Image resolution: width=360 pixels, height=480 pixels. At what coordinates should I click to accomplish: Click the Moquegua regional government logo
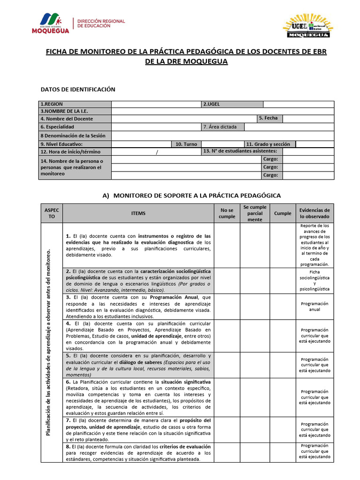tap(51, 23)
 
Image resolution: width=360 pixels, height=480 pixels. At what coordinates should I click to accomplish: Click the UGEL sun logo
tap(308, 26)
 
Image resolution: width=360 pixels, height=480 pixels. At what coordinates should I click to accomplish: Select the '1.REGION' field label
tap(52, 104)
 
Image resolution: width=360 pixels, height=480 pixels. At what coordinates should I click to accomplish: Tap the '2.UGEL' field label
tap(212, 104)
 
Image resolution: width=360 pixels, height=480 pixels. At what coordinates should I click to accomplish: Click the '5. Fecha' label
tap(268, 118)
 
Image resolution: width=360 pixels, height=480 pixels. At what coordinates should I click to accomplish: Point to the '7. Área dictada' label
tap(220, 127)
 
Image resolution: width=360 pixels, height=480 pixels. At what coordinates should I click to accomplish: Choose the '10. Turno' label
tap(186, 144)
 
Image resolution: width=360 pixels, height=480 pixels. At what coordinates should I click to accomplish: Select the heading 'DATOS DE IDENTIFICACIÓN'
tap(78, 90)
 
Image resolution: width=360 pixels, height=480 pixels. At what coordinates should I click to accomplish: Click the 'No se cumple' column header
tap(227, 214)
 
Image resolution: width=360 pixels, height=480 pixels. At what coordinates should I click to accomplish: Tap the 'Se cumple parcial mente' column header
tap(255, 213)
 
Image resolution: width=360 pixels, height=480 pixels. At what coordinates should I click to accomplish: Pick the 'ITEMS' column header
tap(138, 214)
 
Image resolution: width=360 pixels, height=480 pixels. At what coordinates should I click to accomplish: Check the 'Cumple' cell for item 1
tap(282, 245)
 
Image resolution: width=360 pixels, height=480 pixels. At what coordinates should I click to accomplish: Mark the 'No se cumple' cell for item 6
tap(227, 397)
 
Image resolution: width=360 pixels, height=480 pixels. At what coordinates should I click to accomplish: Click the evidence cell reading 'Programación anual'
tap(315, 307)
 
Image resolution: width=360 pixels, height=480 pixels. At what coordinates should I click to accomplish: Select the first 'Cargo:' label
tap(270, 159)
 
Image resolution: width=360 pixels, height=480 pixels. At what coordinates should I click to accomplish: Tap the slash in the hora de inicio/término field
tap(157, 152)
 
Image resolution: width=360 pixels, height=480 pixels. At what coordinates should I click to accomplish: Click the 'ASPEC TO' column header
tap(52, 214)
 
